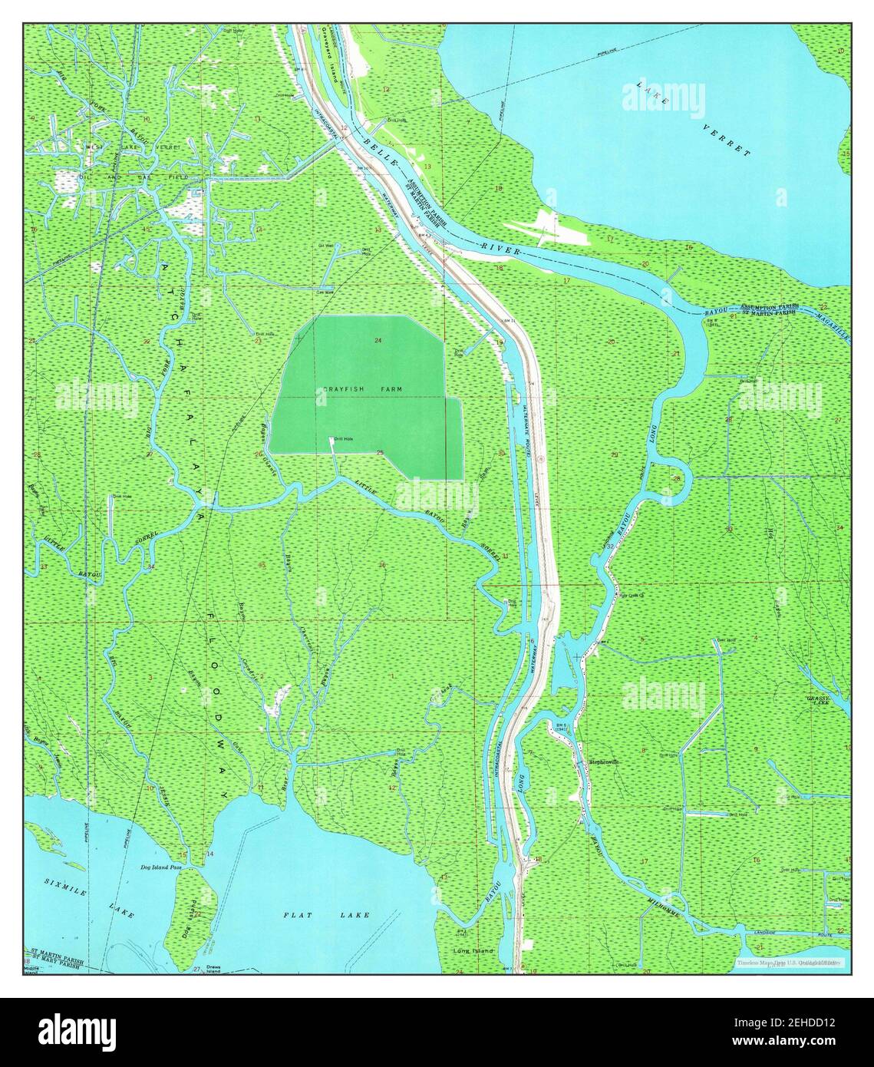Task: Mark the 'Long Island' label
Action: (x=472, y=950)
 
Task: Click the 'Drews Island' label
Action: (x=212, y=971)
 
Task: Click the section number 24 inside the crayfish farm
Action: (x=378, y=340)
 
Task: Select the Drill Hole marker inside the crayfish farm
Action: (x=331, y=439)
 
